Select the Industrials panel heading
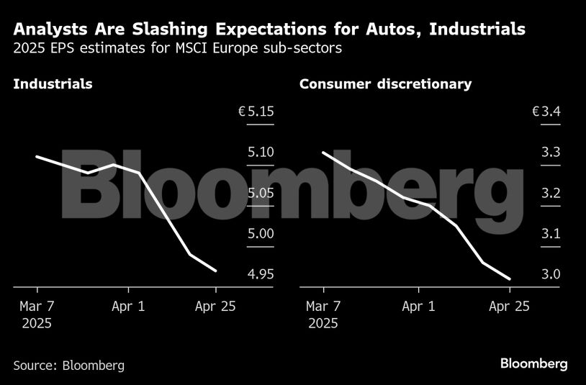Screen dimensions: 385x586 click(53, 84)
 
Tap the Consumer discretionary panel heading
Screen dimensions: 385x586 click(385, 84)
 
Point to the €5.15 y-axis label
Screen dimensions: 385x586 click(256, 112)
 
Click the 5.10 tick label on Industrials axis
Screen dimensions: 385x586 click(260, 153)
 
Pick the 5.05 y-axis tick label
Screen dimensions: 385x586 click(260, 193)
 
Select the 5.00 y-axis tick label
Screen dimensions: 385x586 click(260, 234)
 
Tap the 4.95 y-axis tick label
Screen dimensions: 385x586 click(260, 274)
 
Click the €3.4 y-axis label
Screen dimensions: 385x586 click(546, 112)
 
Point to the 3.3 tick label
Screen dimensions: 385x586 click(551, 153)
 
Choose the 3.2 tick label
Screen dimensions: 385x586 click(551, 193)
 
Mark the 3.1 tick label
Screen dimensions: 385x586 click(551, 234)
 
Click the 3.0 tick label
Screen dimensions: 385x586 click(551, 274)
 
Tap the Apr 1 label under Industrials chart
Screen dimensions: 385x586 click(128, 306)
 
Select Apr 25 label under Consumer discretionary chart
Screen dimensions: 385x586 click(509, 306)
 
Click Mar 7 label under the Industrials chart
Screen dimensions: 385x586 click(37, 306)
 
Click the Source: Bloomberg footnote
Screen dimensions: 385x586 click(68, 365)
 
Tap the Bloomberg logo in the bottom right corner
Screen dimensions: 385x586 click(533, 363)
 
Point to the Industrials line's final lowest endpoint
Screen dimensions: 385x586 click(216, 271)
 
